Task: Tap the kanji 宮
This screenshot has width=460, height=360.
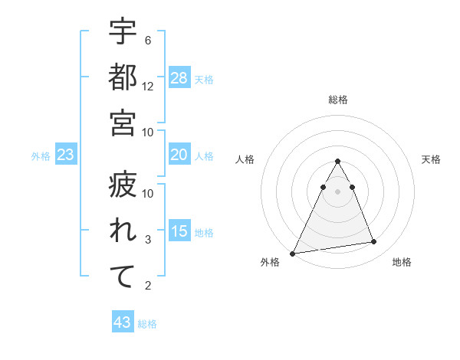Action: (123, 122)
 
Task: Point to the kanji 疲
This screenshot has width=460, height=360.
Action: (123, 186)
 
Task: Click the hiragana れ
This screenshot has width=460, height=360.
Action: (123, 231)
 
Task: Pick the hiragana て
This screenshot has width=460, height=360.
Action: (123, 277)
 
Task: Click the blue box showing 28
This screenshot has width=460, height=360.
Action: (179, 77)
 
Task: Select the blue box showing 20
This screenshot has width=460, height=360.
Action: (179, 155)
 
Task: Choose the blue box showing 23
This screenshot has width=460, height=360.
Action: (66, 155)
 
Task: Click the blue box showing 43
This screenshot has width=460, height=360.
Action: (123, 322)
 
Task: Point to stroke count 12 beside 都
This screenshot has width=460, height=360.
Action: (148, 86)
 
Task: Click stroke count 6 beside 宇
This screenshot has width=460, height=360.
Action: (148, 40)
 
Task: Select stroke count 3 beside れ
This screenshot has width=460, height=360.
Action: (148, 240)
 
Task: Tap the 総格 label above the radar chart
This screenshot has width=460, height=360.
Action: (337, 100)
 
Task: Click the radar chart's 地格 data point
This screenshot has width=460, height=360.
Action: (374, 242)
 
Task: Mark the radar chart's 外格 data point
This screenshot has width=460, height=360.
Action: (293, 253)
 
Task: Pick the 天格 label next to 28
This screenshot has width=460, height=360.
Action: (204, 79)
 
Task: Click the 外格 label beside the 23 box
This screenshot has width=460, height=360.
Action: (41, 156)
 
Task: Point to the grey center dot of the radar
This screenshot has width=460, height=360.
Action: (337, 191)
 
